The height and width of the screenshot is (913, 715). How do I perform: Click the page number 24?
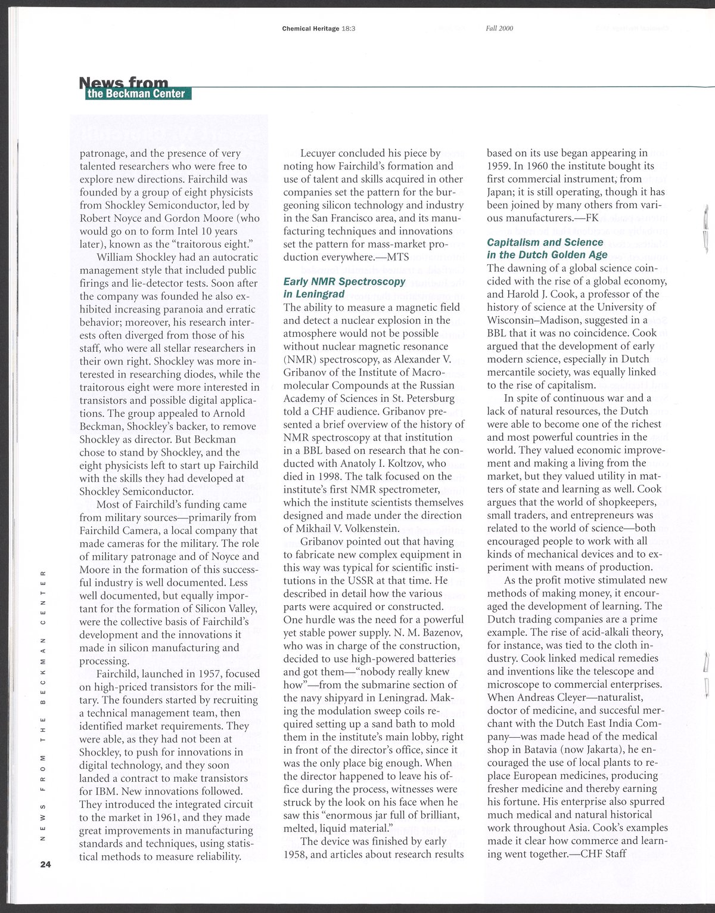[46, 864]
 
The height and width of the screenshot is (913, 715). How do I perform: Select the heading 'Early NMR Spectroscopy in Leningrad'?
[344, 287]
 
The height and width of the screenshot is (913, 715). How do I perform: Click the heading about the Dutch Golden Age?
[547, 249]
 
